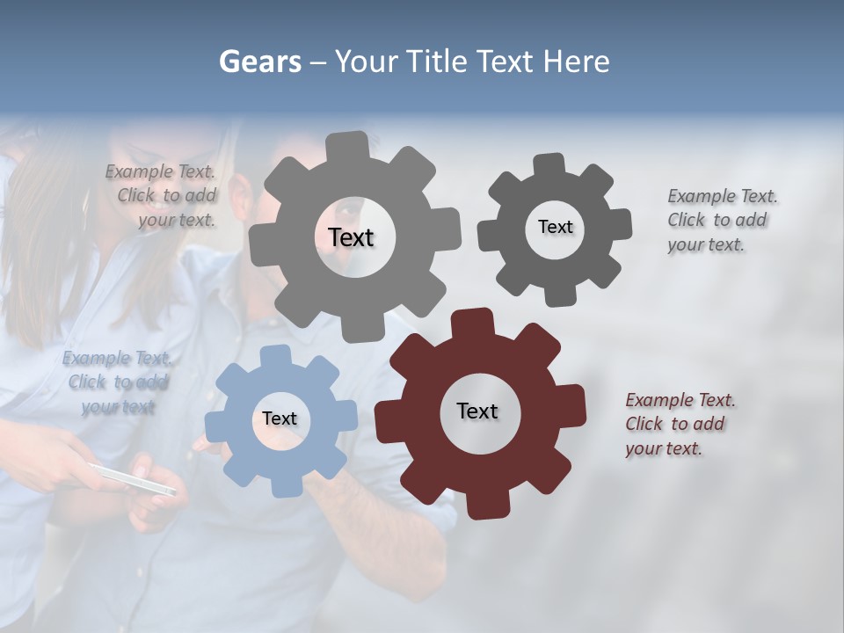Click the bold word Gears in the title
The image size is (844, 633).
click(259, 62)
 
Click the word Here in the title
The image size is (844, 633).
click(576, 62)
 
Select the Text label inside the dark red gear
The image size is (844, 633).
click(477, 411)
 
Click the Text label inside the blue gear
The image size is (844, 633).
click(280, 419)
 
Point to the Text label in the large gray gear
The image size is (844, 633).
click(351, 237)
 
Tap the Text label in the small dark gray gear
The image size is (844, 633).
click(555, 227)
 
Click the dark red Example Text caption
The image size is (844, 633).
click(680, 425)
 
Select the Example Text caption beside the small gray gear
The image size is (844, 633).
click(722, 220)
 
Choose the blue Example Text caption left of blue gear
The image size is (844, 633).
click(117, 382)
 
